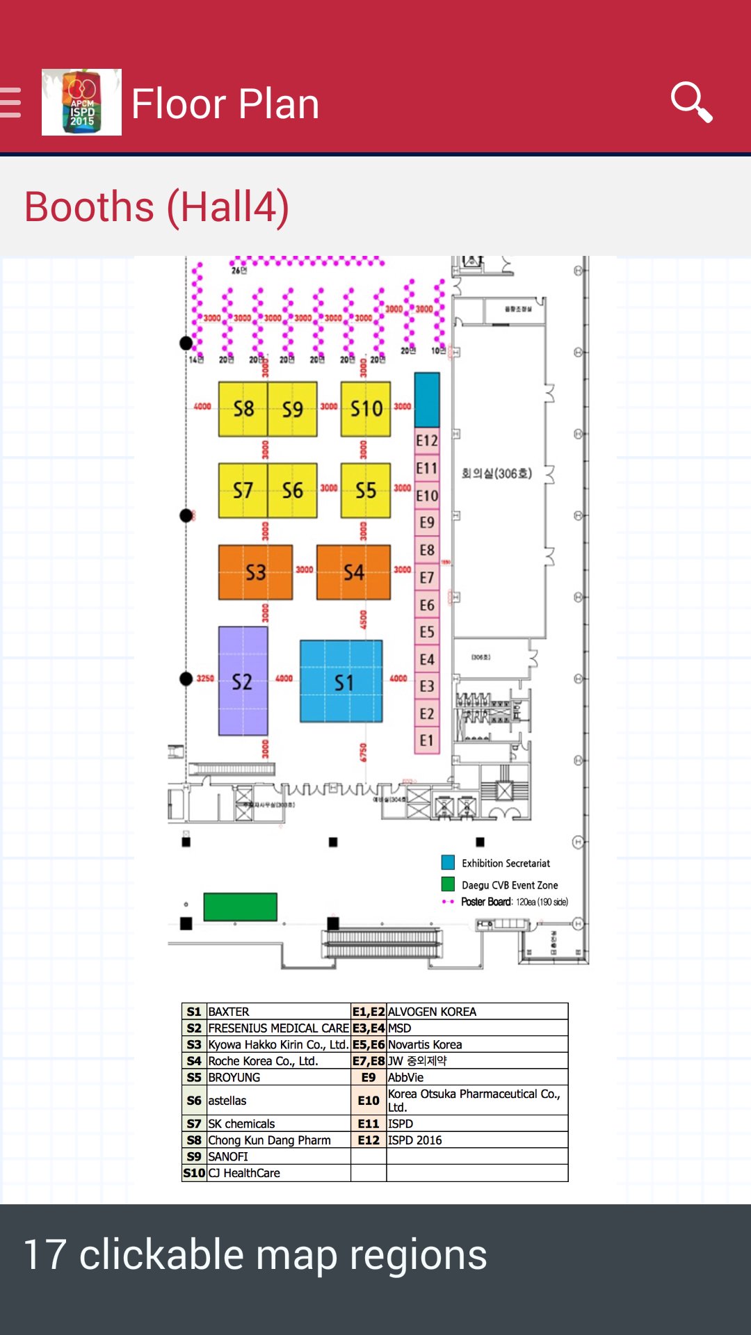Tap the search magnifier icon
pyautogui.click(x=691, y=102)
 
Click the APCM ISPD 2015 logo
pyautogui.click(x=81, y=102)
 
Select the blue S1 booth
pyautogui.click(x=341, y=681)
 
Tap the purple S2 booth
pyautogui.click(x=243, y=681)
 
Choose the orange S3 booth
pyautogui.click(x=255, y=572)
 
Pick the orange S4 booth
pyautogui.click(x=353, y=572)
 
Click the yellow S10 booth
pyautogui.click(x=366, y=409)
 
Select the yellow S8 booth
pyautogui.click(x=243, y=409)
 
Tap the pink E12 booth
pyautogui.click(x=427, y=441)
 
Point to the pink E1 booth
pyautogui.click(x=427, y=741)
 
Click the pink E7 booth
pyautogui.click(x=427, y=578)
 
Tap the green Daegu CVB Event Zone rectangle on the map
pyautogui.click(x=240, y=907)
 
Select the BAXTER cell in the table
pyautogui.click(x=278, y=1012)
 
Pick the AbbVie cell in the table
pyautogui.click(x=476, y=1078)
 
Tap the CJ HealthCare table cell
pyautogui.click(x=278, y=1173)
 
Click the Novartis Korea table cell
pyautogui.click(x=476, y=1044)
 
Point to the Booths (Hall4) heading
pyautogui.click(x=156, y=207)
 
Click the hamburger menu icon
pyautogui.click(x=11, y=103)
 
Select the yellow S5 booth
pyautogui.click(x=366, y=490)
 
